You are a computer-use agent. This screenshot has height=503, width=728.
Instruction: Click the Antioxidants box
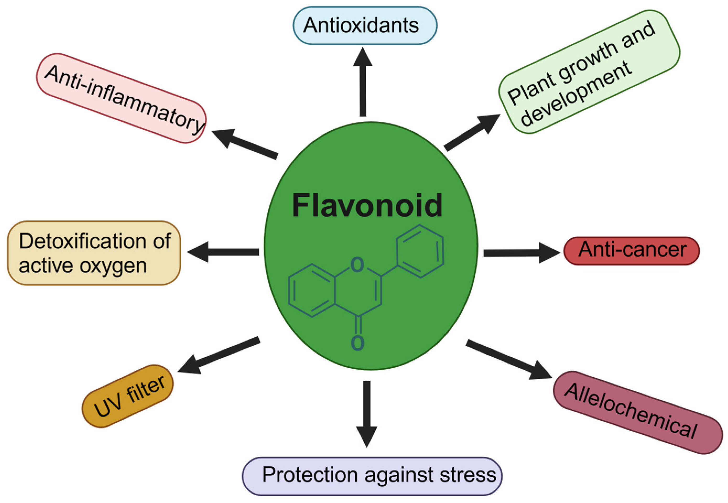pos(365,25)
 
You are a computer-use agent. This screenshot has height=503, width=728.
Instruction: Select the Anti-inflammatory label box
pos(121,98)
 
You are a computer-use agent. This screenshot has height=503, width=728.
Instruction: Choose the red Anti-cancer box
pos(631,251)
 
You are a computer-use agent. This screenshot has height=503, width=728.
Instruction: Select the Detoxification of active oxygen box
pos(94,253)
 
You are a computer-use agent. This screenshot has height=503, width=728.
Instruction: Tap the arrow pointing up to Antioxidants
pos(363,82)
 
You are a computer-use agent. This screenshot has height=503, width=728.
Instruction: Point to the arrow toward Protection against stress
pos(366,413)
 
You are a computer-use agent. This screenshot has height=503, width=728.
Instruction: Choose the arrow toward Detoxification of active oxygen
pos(223,252)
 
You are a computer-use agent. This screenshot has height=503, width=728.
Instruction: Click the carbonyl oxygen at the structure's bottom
pos(357,343)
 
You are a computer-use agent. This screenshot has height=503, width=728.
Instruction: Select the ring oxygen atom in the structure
pos(357,265)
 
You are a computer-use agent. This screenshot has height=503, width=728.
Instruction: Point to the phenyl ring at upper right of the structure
pos(420,251)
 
